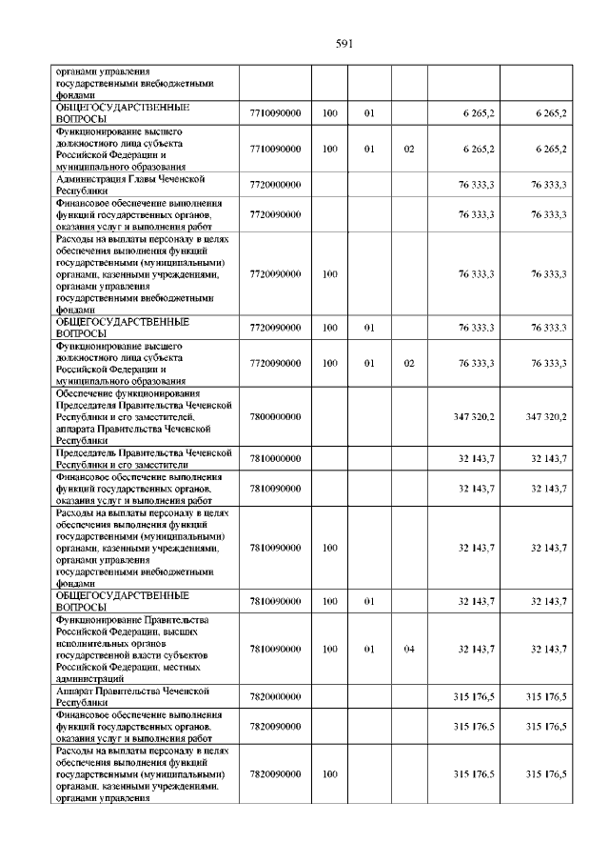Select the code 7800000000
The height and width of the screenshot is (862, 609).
[x=275, y=416]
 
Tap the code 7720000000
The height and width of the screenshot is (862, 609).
[x=275, y=185]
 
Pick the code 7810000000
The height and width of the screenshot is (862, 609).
[x=275, y=459]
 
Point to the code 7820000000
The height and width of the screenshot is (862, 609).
[x=275, y=697]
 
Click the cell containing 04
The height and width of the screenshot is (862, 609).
[x=409, y=649]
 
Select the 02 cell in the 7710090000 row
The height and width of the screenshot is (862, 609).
[x=409, y=150]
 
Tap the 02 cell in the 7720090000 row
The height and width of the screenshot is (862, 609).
[x=409, y=363]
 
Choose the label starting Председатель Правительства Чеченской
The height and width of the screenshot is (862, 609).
[x=143, y=459]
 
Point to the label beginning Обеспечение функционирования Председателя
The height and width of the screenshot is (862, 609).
[x=143, y=416]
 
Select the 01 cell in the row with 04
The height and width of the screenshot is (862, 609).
[x=370, y=649]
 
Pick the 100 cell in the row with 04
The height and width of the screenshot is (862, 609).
[x=329, y=649]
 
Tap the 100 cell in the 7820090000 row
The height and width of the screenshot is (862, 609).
[x=329, y=774]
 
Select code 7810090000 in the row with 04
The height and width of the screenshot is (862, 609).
[x=275, y=649]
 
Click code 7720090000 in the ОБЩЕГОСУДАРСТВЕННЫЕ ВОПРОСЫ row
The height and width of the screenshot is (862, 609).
[x=275, y=328]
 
